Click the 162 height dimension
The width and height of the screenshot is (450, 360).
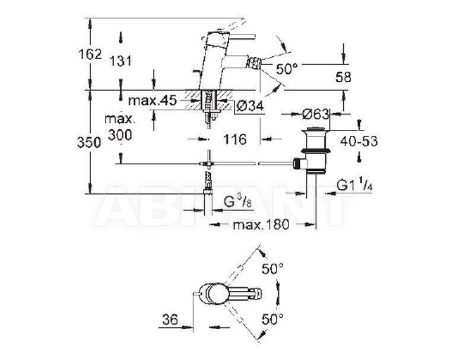[x=90, y=54]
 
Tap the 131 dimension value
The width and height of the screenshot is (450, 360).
[x=121, y=61]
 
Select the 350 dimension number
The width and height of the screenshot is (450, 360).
[x=89, y=142]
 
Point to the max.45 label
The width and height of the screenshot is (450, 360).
[x=152, y=101]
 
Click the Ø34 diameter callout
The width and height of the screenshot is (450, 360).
[x=249, y=107]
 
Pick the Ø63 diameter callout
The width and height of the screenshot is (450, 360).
[x=315, y=114]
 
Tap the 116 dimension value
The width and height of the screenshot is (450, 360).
[x=234, y=139]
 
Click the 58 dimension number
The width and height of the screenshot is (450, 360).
[x=343, y=77]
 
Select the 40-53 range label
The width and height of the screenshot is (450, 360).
[x=359, y=141]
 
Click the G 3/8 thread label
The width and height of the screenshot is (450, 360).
[x=237, y=202]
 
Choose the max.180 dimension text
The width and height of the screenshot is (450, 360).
[x=261, y=224]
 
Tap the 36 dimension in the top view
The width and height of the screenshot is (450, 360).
[x=170, y=320]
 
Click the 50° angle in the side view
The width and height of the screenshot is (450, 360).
[x=287, y=69]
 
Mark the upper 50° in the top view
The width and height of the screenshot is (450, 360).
[x=272, y=269]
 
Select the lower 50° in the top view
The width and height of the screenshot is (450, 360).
[x=272, y=318]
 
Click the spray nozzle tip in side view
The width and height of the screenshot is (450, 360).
[x=255, y=62]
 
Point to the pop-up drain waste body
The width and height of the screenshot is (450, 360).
[x=315, y=151]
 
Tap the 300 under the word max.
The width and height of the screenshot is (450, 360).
[x=120, y=135]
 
